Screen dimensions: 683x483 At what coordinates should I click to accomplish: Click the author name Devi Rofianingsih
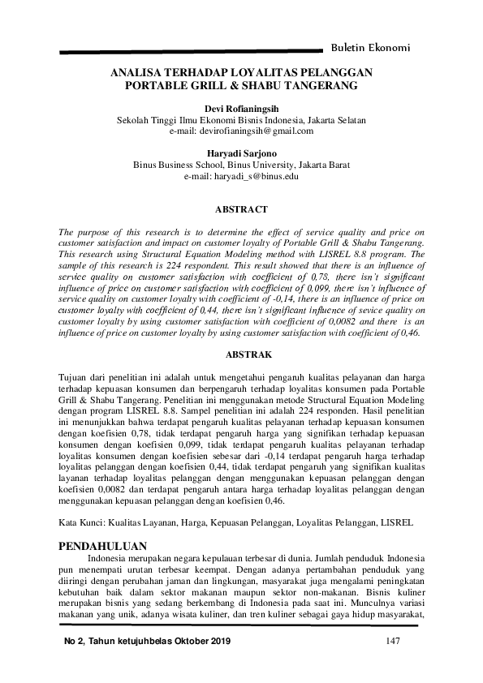pyautogui.click(x=241, y=107)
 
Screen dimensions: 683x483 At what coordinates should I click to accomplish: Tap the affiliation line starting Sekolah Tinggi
pyautogui.click(x=241, y=119)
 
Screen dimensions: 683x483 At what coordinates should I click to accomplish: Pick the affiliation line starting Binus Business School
pyautogui.click(x=241, y=165)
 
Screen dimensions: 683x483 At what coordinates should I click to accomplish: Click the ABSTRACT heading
pyautogui.click(x=241, y=208)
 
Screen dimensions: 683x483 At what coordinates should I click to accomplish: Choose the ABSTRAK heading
pyautogui.click(x=241, y=354)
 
